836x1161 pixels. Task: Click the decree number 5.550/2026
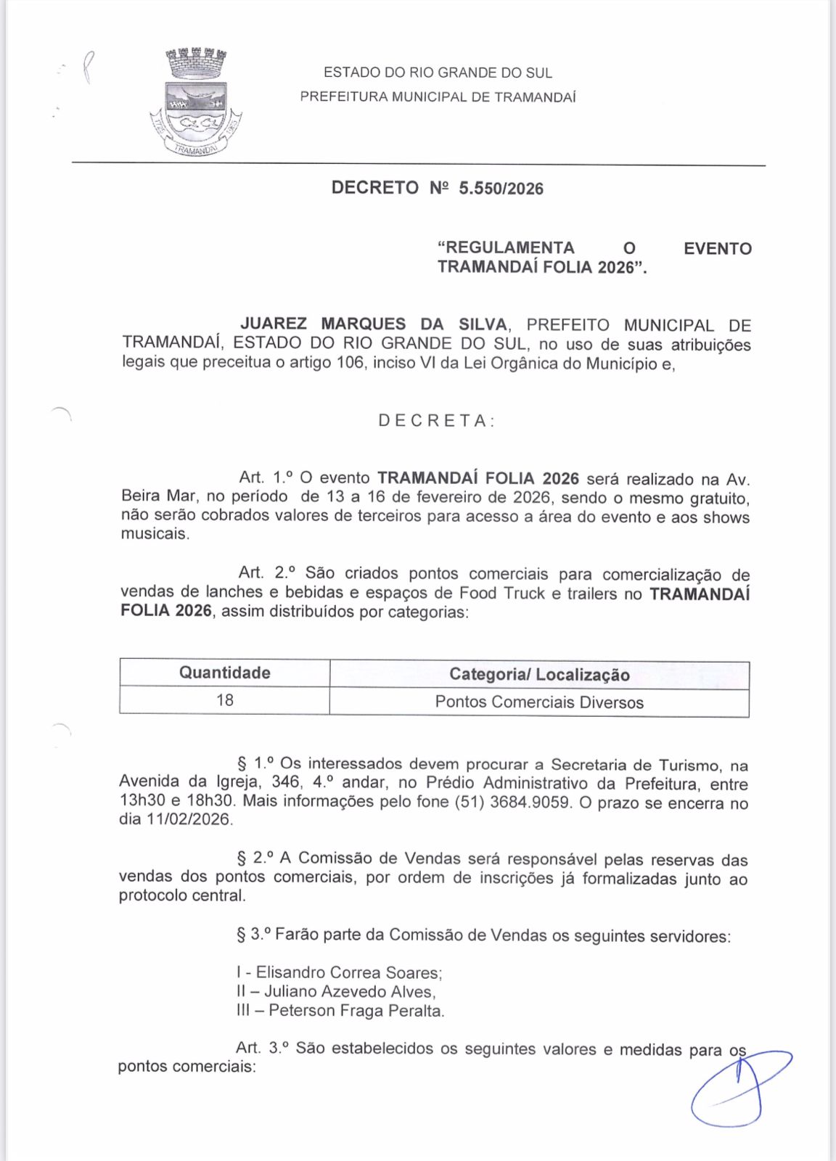tap(501, 189)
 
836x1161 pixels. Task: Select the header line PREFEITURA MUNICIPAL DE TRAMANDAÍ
tap(438, 97)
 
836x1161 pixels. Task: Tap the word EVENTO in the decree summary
tap(717, 249)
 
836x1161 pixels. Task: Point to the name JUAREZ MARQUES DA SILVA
tap(374, 325)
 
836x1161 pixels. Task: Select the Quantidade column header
tap(224, 673)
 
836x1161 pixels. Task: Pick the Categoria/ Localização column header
tap(539, 674)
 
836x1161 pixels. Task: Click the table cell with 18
tap(224, 700)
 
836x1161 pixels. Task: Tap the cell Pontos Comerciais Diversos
tap(539, 702)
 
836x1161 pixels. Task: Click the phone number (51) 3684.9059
tap(512, 803)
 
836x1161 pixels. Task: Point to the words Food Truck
tap(501, 593)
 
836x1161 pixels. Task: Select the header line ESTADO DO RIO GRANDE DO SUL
tap(438, 73)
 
